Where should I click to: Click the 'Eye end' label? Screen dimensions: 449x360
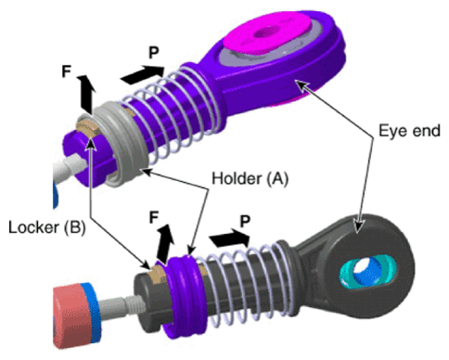[x=409, y=131]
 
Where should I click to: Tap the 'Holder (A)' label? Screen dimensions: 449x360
[x=250, y=178]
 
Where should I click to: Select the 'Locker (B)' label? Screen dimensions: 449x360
[x=46, y=227]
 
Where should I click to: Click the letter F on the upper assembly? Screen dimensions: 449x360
[x=67, y=71]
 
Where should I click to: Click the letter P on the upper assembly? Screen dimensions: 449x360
[x=154, y=53]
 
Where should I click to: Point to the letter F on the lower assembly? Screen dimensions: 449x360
[x=154, y=217]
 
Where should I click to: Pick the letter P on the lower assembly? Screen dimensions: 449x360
[x=245, y=222]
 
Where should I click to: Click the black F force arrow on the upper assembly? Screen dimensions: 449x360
[x=86, y=94]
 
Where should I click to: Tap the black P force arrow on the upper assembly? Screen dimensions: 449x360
[x=143, y=74]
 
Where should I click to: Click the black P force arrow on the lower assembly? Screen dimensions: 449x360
[x=230, y=238]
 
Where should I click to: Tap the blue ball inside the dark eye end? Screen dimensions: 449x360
[x=366, y=271]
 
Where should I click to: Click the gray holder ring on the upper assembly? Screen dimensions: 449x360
[x=123, y=146]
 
